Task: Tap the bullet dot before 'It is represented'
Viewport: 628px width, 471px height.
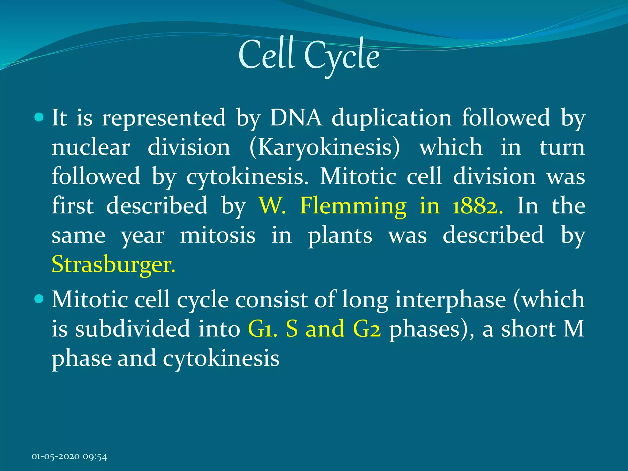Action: click(x=40, y=117)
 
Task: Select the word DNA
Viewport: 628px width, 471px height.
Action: click(x=296, y=117)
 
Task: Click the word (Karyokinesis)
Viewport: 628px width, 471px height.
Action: click(x=325, y=148)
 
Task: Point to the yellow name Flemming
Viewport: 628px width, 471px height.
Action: click(x=353, y=206)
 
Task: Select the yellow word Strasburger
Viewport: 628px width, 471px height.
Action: click(x=113, y=264)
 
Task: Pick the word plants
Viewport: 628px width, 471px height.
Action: click(x=340, y=235)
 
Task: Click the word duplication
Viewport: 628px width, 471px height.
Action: click(x=392, y=118)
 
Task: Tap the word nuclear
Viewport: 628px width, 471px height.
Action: click(x=91, y=147)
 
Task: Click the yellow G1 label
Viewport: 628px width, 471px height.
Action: click(x=262, y=329)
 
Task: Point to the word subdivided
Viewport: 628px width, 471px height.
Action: click(x=132, y=329)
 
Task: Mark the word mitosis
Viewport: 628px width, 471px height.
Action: click(x=217, y=235)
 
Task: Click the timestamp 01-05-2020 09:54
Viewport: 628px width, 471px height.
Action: click(x=69, y=457)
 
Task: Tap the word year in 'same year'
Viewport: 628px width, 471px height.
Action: click(x=142, y=236)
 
